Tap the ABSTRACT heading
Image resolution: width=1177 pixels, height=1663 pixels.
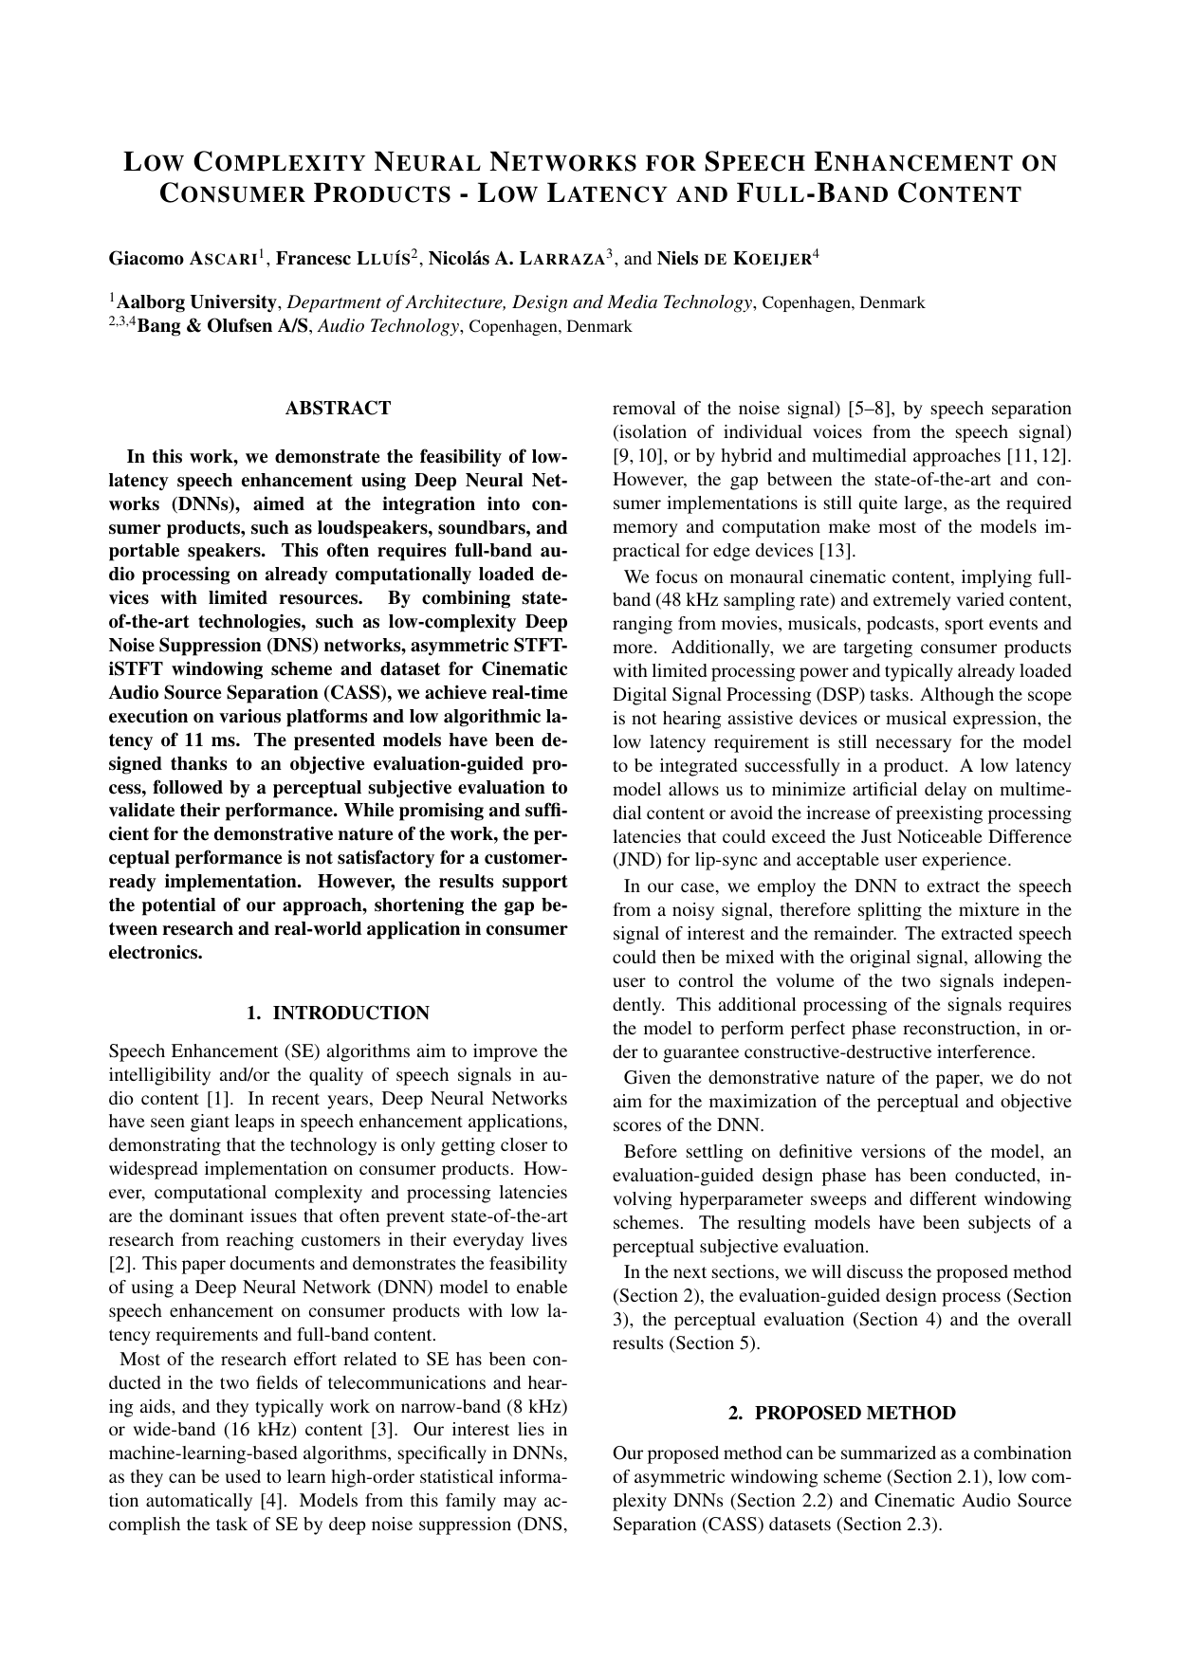click(338, 409)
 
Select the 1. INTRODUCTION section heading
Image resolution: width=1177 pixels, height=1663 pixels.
click(338, 1014)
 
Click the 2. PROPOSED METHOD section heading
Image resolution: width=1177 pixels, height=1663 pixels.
click(841, 1414)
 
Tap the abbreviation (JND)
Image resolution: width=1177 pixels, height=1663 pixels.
click(637, 861)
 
